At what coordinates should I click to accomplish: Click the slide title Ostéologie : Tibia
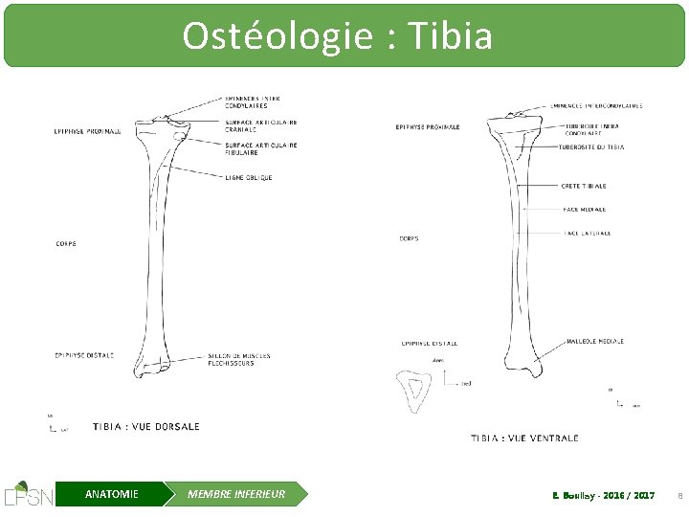[x=338, y=36]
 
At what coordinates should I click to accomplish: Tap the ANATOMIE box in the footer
[x=111, y=494]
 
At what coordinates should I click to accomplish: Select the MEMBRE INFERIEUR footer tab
[x=236, y=494]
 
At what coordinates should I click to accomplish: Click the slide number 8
[x=679, y=495]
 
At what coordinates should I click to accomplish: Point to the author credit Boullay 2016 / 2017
[x=603, y=495]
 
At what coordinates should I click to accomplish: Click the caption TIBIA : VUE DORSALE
[x=146, y=426]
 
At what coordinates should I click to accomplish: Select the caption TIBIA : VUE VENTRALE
[x=524, y=438]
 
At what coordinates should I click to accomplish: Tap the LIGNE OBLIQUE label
[x=249, y=177]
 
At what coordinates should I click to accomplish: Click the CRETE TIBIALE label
[x=584, y=186]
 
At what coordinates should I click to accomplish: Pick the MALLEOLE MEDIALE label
[x=595, y=341]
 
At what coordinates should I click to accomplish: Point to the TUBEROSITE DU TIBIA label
[x=591, y=147]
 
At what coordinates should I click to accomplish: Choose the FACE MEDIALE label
[x=584, y=209]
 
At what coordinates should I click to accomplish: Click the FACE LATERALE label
[x=588, y=233]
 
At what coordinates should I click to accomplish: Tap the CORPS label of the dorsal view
[x=66, y=243]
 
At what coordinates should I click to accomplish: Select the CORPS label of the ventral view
[x=409, y=238]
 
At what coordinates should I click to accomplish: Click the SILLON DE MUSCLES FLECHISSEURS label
[x=239, y=360]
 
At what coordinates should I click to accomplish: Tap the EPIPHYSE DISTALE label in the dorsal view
[x=83, y=355]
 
